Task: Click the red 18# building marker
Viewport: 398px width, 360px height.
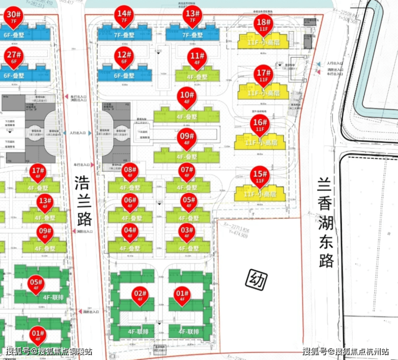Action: (263, 24)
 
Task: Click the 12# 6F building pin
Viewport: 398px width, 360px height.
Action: (124, 57)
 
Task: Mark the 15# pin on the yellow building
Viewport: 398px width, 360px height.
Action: (260, 176)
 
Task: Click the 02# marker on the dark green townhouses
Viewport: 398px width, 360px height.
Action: (140, 296)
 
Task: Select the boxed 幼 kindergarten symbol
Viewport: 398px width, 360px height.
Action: (257, 279)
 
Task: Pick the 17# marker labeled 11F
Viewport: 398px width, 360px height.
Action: (263, 75)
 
